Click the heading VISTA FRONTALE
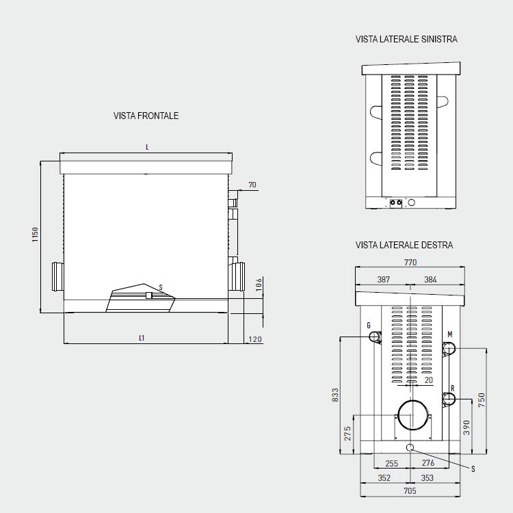[x=146, y=116]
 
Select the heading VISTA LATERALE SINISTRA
[x=406, y=40]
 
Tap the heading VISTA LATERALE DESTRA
[x=404, y=245]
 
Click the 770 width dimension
[x=410, y=263]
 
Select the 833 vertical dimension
[x=335, y=395]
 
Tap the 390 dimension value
[x=466, y=428]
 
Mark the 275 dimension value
[x=347, y=432]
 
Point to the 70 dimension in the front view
[x=252, y=185]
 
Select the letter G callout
[x=369, y=325]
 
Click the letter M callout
[x=449, y=334]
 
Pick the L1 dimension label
[x=142, y=338]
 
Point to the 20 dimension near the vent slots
[x=428, y=380]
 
